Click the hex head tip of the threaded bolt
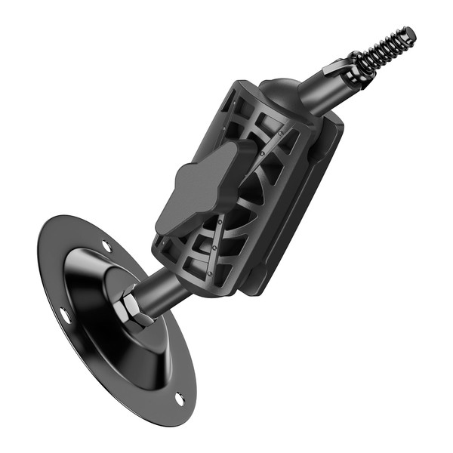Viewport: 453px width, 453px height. [x=408, y=34]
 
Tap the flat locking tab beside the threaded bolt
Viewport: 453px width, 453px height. [x=335, y=69]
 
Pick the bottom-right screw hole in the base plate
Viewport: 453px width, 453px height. [x=180, y=398]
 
